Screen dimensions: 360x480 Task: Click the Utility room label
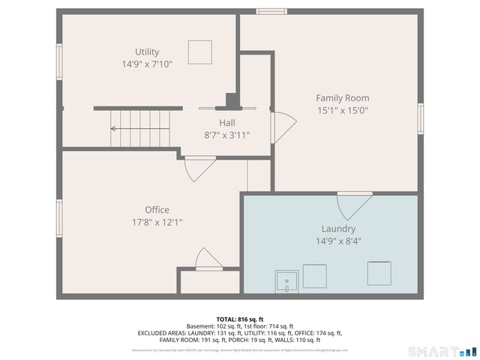point(147,52)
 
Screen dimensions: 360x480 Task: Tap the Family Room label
point(342,98)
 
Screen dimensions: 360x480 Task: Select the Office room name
point(157,210)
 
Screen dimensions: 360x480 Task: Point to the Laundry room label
point(338,229)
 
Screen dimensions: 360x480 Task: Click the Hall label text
point(227,123)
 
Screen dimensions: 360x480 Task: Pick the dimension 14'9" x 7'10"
point(147,64)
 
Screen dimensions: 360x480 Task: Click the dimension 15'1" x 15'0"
point(342,110)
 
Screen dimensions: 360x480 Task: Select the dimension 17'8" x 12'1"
point(157,222)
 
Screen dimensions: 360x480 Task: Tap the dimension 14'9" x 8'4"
point(338,241)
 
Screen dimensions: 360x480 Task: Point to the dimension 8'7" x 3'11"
point(227,136)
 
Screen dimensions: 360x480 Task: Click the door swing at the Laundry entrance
point(354,204)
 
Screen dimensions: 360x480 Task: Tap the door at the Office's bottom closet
point(207,259)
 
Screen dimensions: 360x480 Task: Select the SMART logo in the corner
point(442,351)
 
